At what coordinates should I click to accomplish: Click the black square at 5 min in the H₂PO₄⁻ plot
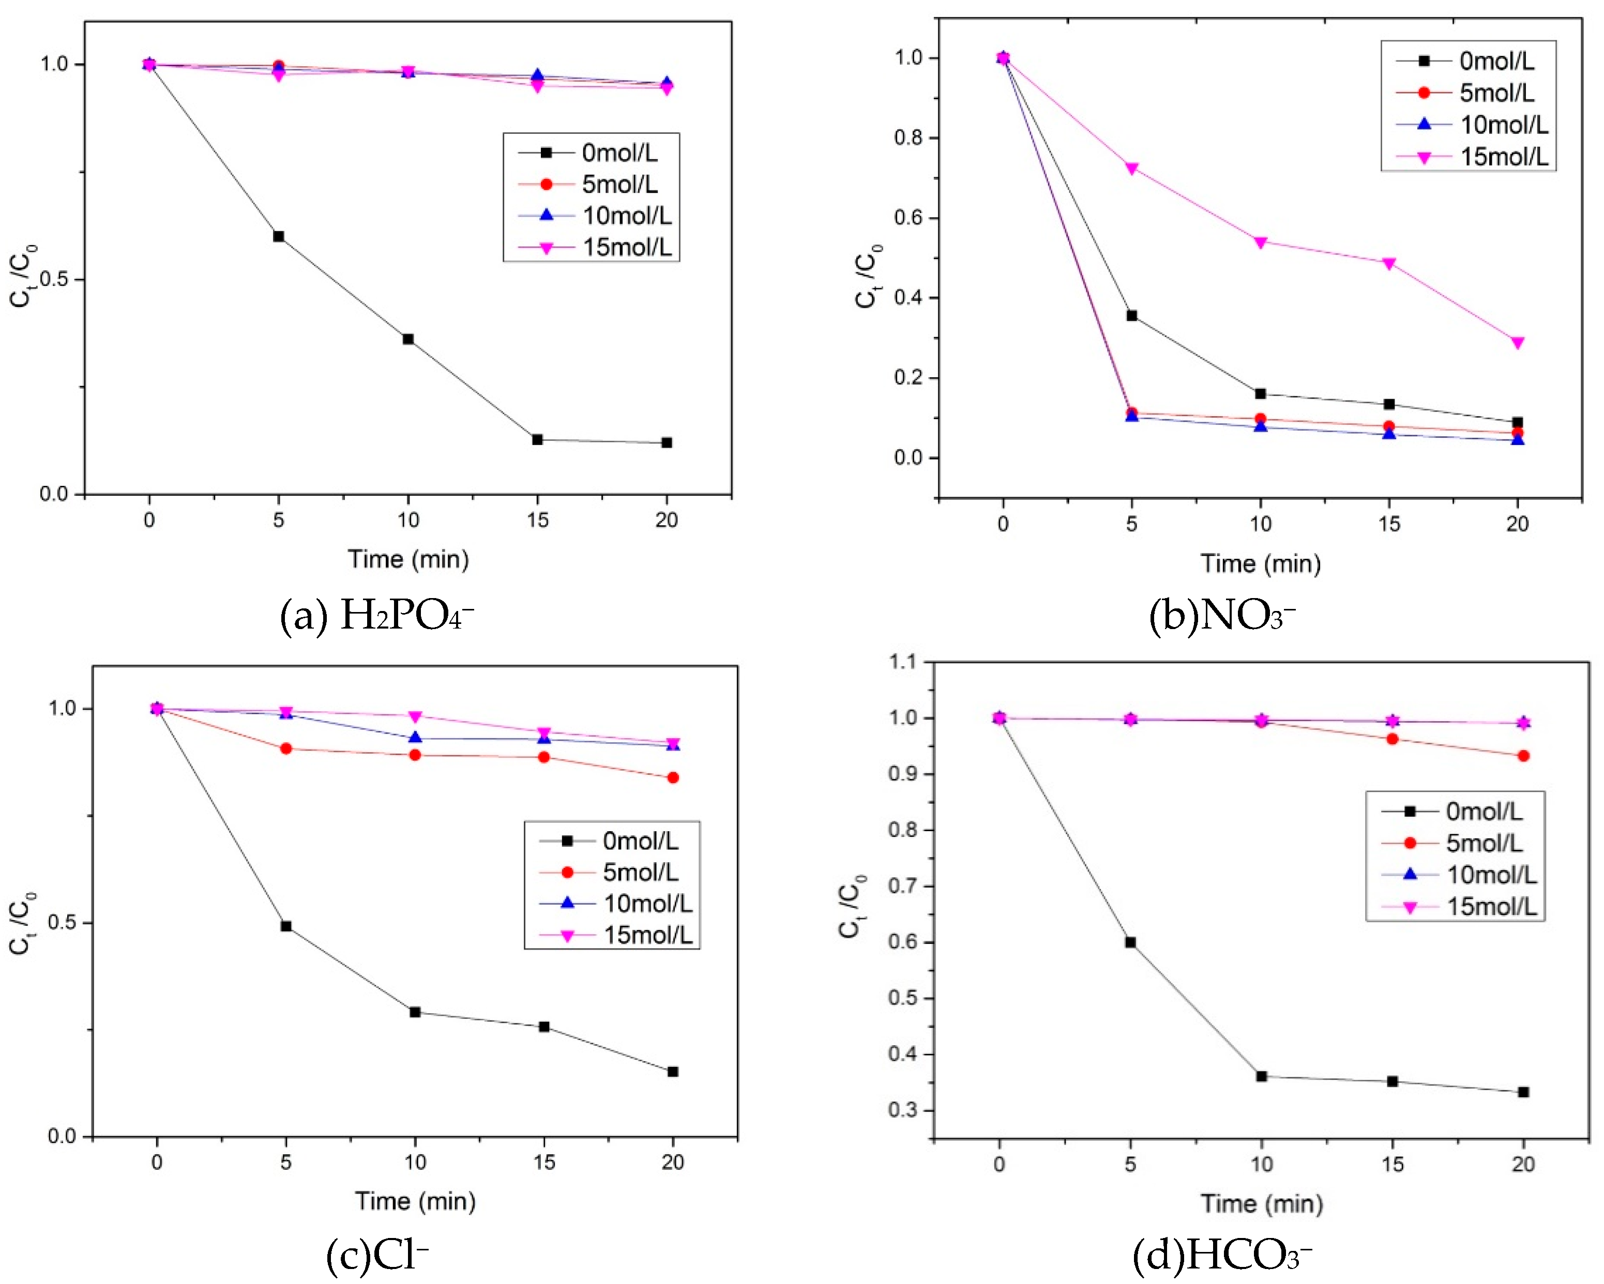tap(278, 237)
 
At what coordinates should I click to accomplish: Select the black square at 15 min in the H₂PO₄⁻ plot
tap(537, 440)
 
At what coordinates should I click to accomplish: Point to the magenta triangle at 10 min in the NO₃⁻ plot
tap(1260, 242)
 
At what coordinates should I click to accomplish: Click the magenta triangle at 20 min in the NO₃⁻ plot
tap(1518, 343)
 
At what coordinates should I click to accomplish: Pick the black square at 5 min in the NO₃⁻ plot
tap(1131, 315)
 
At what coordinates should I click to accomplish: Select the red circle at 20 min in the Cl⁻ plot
tap(673, 777)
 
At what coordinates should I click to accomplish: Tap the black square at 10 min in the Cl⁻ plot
tap(415, 1012)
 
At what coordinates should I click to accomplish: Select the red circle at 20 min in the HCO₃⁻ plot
tap(1523, 756)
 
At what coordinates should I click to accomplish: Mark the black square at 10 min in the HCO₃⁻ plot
tap(1261, 1076)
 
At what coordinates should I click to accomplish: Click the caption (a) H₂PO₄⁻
tap(376, 616)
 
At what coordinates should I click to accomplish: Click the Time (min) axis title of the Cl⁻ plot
tap(415, 1201)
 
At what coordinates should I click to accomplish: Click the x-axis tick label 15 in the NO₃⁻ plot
tap(1388, 524)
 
